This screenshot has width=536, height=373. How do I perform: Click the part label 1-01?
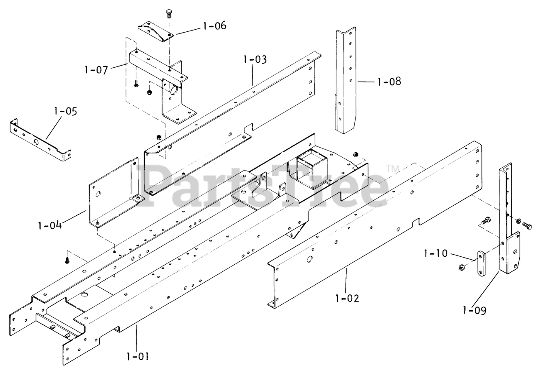click(x=137, y=357)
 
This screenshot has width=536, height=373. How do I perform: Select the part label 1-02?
click(x=347, y=299)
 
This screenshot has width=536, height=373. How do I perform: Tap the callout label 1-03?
click(x=254, y=59)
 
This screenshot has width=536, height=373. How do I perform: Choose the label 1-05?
click(x=66, y=112)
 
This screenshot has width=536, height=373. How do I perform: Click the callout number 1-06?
click(x=214, y=26)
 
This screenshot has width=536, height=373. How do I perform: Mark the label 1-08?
click(x=389, y=81)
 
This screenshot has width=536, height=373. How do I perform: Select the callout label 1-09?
click(x=475, y=310)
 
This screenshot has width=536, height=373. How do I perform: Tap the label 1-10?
click(x=436, y=253)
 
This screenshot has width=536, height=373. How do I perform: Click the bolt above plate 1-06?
click(x=169, y=13)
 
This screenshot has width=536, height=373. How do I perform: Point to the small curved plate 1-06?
click(x=155, y=31)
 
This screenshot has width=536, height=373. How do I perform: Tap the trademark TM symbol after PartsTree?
click(x=392, y=169)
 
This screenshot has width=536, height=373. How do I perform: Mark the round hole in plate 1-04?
click(x=99, y=194)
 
